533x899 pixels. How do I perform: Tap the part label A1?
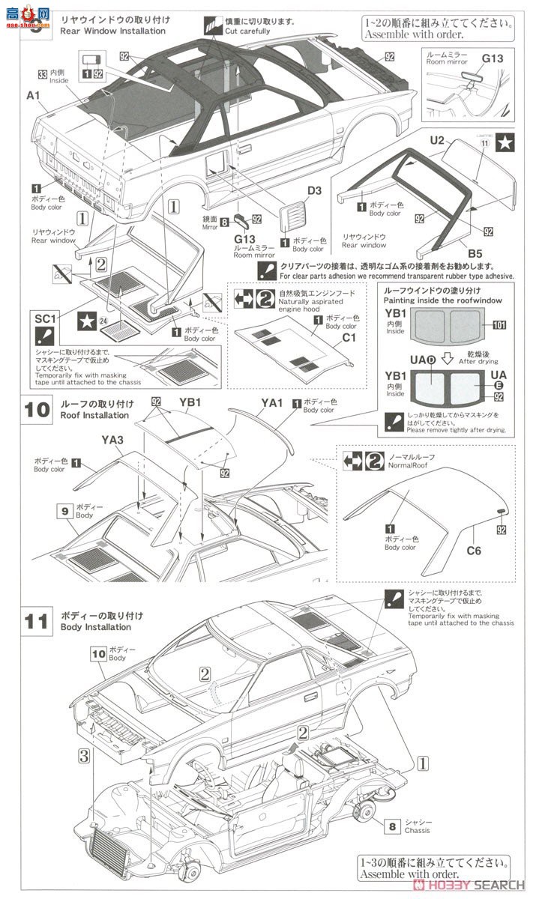click(x=32, y=95)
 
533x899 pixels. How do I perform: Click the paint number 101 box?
click(x=500, y=324)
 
